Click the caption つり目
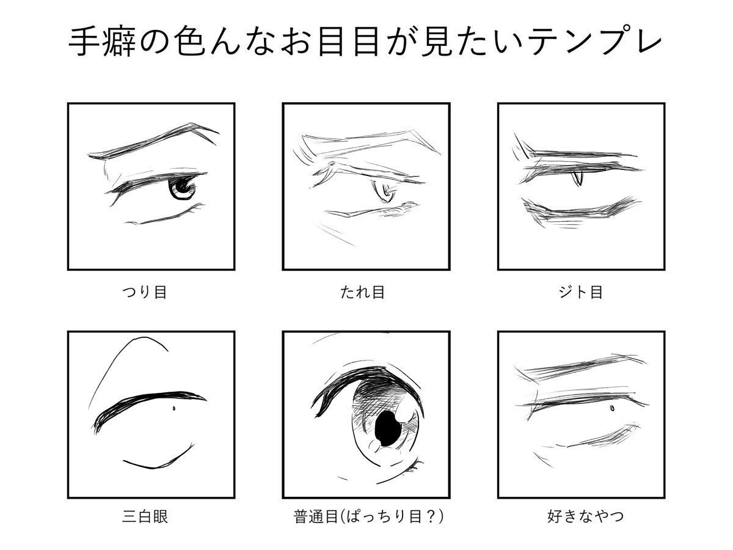pyautogui.click(x=145, y=292)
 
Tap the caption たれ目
pyautogui.click(x=362, y=292)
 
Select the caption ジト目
pyautogui.click(x=580, y=292)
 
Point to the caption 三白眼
pyautogui.click(x=145, y=516)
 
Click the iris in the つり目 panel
pyautogui.click(x=182, y=188)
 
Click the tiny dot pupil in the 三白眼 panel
pyautogui.click(x=175, y=409)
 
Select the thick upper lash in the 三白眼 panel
pyautogui.click(x=147, y=403)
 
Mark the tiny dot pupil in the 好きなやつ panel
pyautogui.click(x=611, y=408)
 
